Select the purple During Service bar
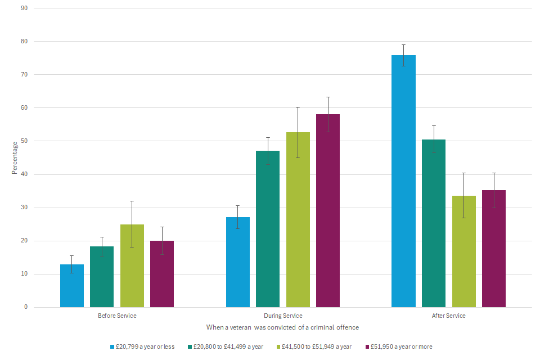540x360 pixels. point(328,211)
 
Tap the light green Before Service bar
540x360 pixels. point(132,265)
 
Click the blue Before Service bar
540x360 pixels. point(72,286)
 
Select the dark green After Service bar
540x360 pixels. point(434,223)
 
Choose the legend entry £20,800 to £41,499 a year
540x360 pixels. point(227,346)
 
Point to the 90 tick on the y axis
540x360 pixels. point(24,8)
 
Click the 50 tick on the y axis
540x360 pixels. point(24,141)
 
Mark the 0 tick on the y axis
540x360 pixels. point(26,307)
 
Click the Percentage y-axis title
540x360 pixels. point(15,157)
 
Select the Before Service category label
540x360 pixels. point(117,316)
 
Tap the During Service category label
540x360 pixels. point(283,316)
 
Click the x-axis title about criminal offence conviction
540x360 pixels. point(282,327)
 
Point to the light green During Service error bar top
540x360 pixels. point(298,107)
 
